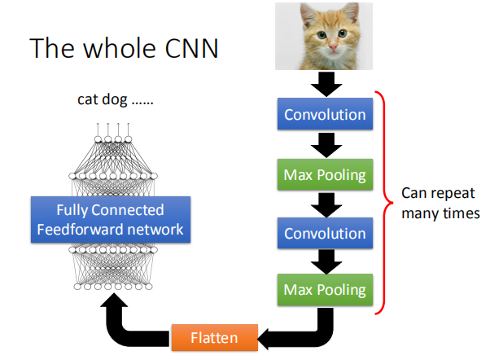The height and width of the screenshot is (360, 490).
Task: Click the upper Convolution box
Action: [324, 115]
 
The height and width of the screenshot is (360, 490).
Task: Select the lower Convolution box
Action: [324, 234]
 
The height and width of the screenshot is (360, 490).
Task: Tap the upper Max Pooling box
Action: [324, 174]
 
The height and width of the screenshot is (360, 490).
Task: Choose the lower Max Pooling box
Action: [324, 288]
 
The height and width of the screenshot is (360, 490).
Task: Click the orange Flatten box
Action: [215, 336]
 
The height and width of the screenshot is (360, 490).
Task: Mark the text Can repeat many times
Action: [440, 204]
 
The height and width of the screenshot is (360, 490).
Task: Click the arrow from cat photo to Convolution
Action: [323, 83]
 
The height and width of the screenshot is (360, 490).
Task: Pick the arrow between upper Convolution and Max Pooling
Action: [323, 145]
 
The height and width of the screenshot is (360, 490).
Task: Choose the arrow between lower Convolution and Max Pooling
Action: [323, 261]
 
